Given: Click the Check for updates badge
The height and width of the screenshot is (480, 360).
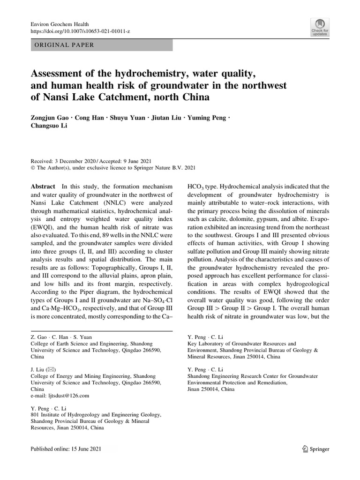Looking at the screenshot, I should point(320,27).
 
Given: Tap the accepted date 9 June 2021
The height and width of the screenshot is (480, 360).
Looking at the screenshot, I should point(132,160).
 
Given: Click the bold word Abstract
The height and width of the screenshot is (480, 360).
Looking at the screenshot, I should point(43,186).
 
